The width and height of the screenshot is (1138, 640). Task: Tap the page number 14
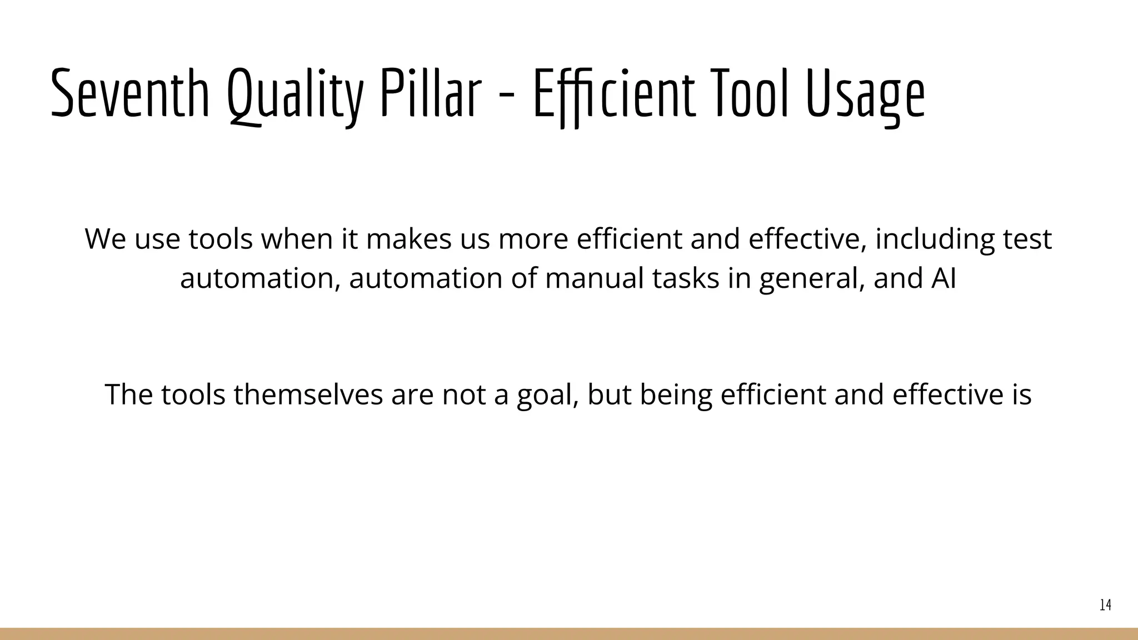pos(1105,605)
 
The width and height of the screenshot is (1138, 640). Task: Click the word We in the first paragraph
pos(105,239)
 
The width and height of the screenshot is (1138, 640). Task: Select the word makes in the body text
pos(408,239)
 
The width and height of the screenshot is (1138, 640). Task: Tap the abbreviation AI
pos(944,278)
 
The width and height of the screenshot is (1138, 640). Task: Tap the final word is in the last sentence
pos(1022,394)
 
